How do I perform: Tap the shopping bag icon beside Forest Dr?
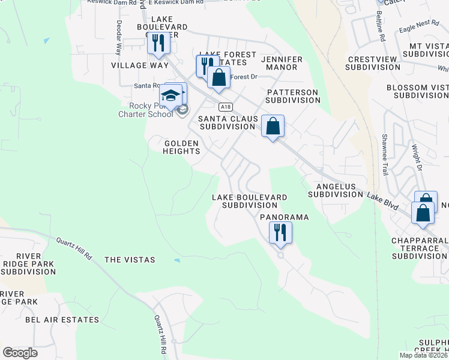coord(219,77)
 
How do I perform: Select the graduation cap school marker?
coord(170,96)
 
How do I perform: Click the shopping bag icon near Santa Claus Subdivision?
coord(273,126)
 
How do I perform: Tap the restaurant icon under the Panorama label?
coord(280,232)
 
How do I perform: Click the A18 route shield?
coord(224,107)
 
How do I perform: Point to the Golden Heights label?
coord(182,147)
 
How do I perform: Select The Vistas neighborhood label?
coord(130,260)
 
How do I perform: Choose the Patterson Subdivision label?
coord(293,96)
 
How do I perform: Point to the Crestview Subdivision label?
coord(374,63)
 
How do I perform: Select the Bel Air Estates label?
coord(62,320)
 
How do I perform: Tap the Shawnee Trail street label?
coord(381,155)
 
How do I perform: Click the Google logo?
coord(20,352)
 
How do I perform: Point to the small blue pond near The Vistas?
coord(176,260)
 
